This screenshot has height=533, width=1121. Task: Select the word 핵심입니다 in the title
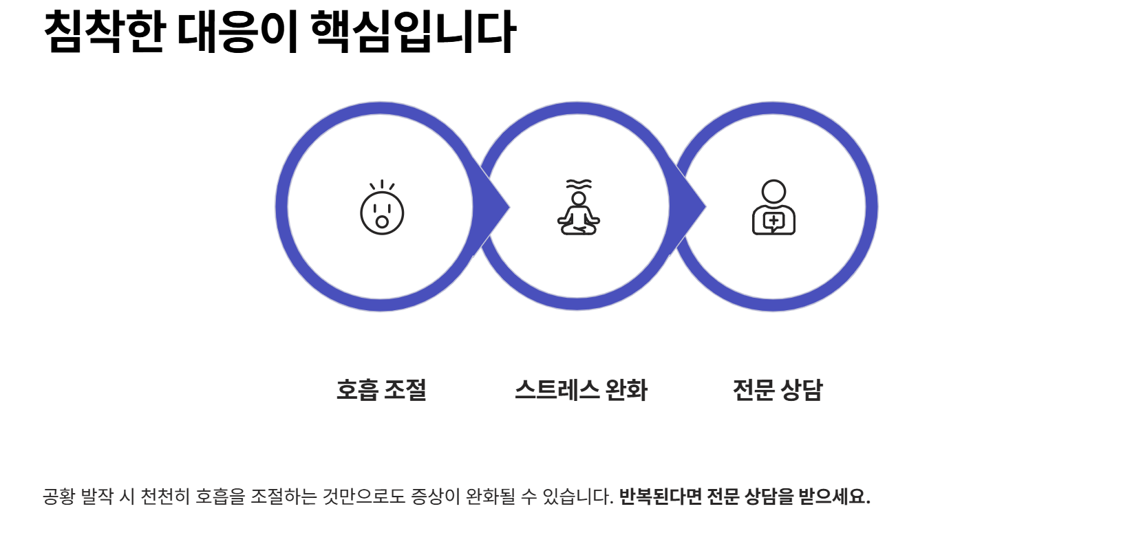(x=413, y=32)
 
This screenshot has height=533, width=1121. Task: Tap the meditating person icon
(x=579, y=208)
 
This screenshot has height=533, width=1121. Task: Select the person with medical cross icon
(x=773, y=208)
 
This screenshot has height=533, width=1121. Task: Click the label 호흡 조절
(x=381, y=390)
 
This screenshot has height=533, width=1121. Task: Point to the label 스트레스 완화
(x=581, y=390)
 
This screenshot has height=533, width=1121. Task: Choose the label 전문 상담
(x=778, y=390)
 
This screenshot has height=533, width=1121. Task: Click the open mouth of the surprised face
(x=382, y=222)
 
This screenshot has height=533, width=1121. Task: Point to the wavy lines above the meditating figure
(x=579, y=184)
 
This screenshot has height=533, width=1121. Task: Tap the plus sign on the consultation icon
(x=773, y=221)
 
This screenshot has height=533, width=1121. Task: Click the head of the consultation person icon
(x=773, y=191)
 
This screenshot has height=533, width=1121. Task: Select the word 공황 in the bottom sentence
(x=58, y=496)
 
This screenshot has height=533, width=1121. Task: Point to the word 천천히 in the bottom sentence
(x=165, y=496)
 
